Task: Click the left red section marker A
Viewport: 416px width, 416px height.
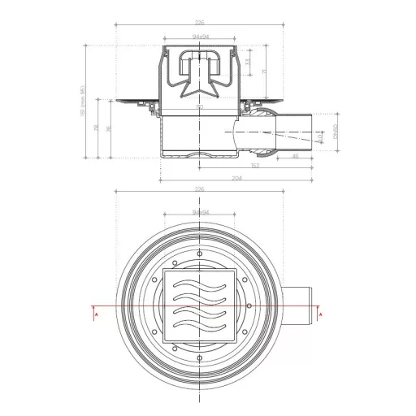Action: point(96,312)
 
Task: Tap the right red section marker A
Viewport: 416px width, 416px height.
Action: point(322,312)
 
